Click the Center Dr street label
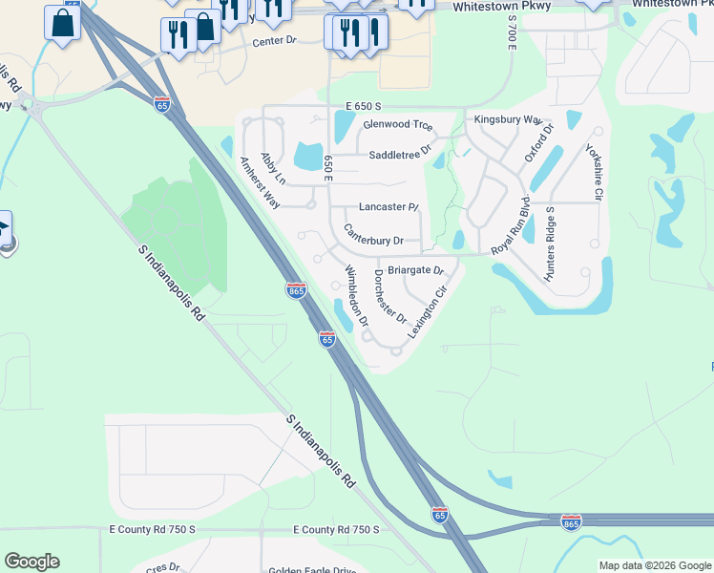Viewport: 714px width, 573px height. [275, 43]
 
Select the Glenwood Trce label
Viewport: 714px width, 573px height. [398, 125]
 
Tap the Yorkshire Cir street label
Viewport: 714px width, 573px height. [594, 173]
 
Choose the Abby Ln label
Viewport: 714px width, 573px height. [273, 169]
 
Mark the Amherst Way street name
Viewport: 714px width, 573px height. [260, 182]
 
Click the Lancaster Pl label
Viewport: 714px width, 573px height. [388, 207]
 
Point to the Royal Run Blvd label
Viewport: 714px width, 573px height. [510, 229]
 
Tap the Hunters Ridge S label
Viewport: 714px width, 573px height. [549, 243]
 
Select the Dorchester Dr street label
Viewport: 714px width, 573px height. [390, 296]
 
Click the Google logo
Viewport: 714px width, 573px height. [31, 562]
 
